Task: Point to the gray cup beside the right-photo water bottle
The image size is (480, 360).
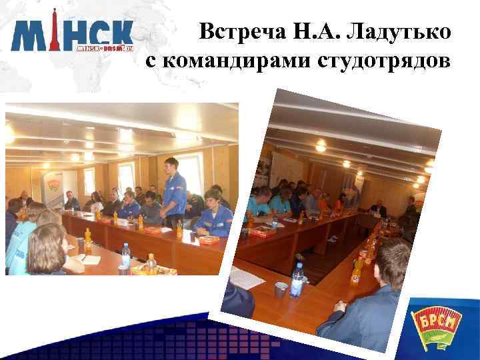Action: click(x=281, y=290)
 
